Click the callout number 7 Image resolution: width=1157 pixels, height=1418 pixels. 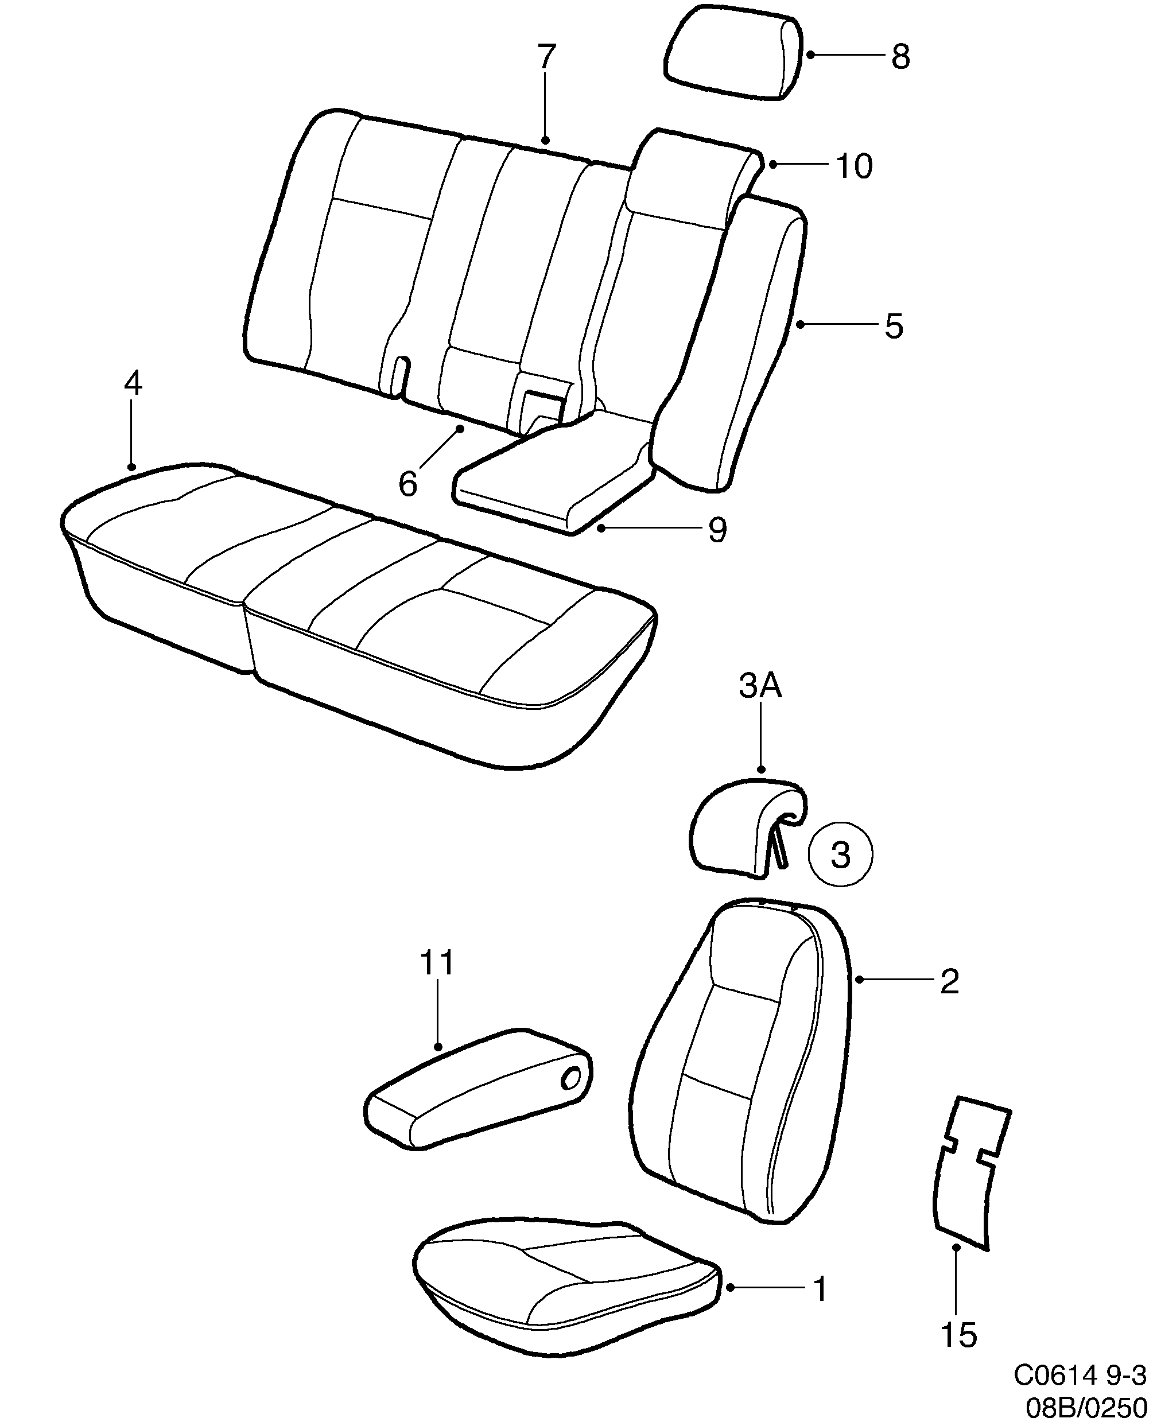pos(546,57)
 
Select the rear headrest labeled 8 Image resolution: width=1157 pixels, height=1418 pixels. pos(732,53)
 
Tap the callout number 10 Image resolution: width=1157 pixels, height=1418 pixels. pos(854,166)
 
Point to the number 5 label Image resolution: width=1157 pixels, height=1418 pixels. pos(894,327)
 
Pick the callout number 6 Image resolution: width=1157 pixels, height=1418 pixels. pos(407,484)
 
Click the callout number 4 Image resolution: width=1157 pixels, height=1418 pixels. pos(133,384)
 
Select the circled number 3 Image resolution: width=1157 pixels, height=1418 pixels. pos(840,855)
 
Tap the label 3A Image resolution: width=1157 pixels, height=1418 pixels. pos(760,686)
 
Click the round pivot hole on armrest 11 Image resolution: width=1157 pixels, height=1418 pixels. pos(571,1078)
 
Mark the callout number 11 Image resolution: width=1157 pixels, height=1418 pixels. pos(437,963)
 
